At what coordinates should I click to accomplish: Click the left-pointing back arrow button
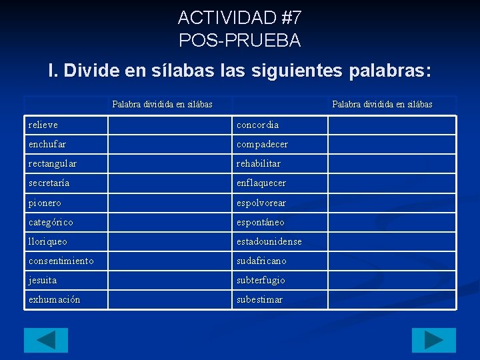point(46,340)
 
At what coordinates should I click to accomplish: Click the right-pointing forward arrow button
point(433,340)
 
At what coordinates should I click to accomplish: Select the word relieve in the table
point(43,125)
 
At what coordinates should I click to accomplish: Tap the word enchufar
point(47,144)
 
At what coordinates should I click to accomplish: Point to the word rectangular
point(53,163)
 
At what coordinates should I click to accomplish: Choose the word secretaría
point(49,183)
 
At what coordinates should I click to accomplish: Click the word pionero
point(45,203)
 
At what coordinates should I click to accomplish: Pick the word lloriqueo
point(48,241)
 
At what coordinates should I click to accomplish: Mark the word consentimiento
point(61,261)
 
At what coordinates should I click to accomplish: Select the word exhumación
point(55,299)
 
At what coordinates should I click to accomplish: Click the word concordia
point(258,125)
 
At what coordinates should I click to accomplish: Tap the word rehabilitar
point(259,163)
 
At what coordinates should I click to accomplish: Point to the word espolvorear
point(261,203)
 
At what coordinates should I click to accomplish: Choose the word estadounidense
point(269,241)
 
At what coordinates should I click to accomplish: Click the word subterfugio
point(261,280)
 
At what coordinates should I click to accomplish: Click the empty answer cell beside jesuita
point(169,280)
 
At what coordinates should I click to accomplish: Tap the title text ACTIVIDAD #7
point(240,17)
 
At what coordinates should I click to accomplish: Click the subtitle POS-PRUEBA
point(240,40)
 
